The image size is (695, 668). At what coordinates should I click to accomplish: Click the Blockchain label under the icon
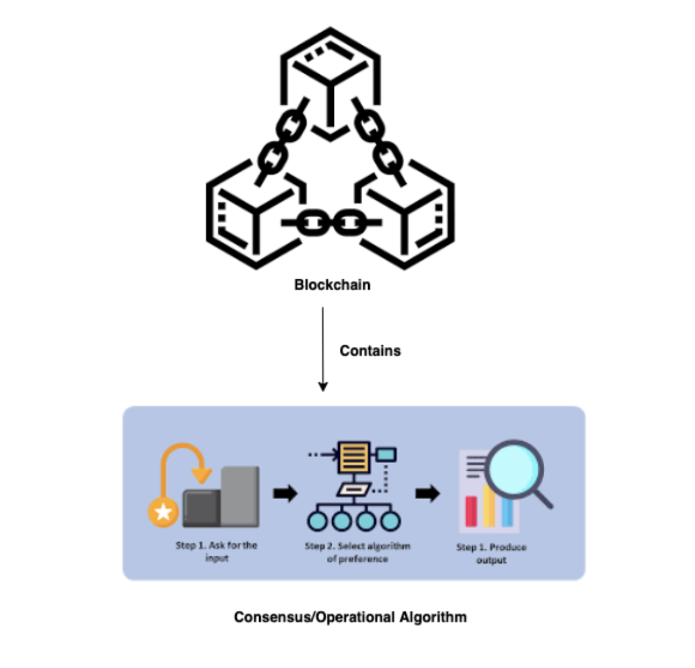pyautogui.click(x=332, y=285)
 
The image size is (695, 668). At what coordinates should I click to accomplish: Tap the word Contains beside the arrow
pyautogui.click(x=370, y=351)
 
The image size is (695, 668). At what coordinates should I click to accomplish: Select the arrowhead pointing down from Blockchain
pyautogui.click(x=323, y=386)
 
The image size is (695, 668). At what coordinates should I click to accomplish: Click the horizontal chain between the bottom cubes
pyautogui.click(x=330, y=223)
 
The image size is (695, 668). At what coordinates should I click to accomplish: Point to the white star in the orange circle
pyautogui.click(x=163, y=511)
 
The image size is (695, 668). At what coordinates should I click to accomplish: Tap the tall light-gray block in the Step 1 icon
pyautogui.click(x=240, y=496)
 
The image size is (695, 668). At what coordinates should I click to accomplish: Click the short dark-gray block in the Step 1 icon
pyautogui.click(x=202, y=508)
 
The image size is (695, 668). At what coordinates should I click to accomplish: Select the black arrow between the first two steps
pyautogui.click(x=286, y=493)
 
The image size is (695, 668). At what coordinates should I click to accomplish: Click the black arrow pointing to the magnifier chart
pyautogui.click(x=428, y=493)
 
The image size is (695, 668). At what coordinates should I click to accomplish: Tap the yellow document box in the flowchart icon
pyautogui.click(x=354, y=457)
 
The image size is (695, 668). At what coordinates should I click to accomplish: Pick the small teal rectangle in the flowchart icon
pyautogui.click(x=386, y=454)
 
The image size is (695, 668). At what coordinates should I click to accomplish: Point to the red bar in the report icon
pyautogui.click(x=471, y=511)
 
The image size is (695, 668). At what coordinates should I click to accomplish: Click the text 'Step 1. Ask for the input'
pyautogui.click(x=216, y=551)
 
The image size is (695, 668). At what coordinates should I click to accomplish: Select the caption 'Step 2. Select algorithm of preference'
pyautogui.click(x=358, y=553)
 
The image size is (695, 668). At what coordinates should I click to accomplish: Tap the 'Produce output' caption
pyautogui.click(x=491, y=553)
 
